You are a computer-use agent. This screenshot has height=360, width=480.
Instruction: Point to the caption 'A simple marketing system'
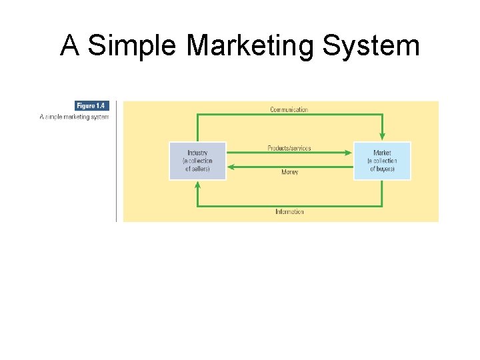click(74, 117)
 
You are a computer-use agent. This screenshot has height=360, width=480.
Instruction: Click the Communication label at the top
click(289, 109)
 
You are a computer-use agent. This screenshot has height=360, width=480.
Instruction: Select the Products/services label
click(289, 147)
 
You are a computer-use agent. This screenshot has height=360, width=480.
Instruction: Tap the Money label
click(289, 172)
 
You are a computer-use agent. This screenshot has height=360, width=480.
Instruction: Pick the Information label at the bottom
click(289, 212)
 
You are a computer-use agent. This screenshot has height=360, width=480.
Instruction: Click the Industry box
click(197, 161)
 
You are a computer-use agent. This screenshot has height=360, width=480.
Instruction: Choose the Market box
click(382, 161)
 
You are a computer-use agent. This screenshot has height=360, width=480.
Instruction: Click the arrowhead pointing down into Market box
click(382, 137)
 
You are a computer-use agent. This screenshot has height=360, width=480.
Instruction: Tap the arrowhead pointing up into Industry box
click(197, 185)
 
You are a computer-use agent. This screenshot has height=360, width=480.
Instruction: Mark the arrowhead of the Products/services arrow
click(348, 153)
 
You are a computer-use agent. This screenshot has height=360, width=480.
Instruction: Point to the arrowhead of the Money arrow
click(231, 166)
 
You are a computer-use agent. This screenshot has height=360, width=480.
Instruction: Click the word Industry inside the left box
click(197, 153)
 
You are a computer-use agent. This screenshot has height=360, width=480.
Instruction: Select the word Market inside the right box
click(382, 153)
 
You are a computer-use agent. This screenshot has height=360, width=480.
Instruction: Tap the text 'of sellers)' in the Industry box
click(197, 169)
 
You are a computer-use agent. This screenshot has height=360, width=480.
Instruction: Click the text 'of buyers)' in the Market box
click(382, 169)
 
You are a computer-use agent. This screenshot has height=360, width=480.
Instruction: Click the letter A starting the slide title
click(69, 46)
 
